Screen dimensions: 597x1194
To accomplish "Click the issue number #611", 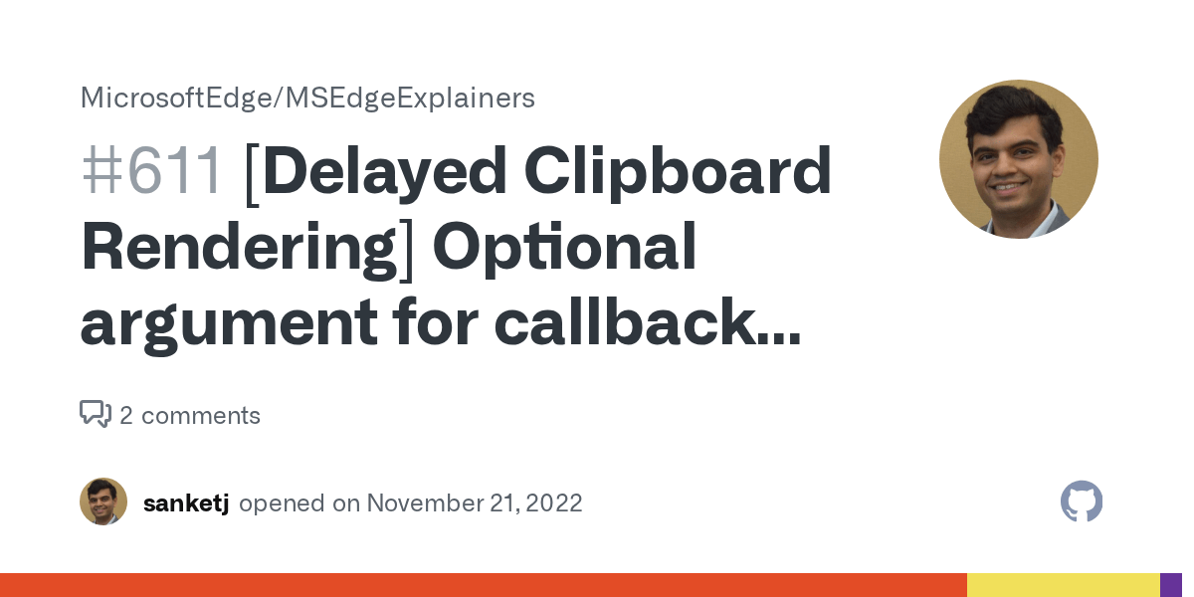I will (151, 172).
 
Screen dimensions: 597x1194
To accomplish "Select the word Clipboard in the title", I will (678, 172).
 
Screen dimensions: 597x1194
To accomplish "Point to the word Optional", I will (564, 249).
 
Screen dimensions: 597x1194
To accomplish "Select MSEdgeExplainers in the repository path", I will (411, 98).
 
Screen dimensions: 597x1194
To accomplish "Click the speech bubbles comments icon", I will (96, 414).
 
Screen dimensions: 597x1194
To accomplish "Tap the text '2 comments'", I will (190, 416).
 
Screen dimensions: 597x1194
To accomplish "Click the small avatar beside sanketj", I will (103, 501).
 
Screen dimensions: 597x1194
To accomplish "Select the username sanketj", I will (186, 503).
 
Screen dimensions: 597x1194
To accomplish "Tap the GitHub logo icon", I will (1082, 501).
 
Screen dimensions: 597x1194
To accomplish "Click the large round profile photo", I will (1018, 159).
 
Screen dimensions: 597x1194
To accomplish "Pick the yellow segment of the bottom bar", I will (1063, 585).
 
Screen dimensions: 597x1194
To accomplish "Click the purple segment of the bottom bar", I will (1171, 585).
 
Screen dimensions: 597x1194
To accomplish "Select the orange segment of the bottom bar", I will (483, 585).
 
